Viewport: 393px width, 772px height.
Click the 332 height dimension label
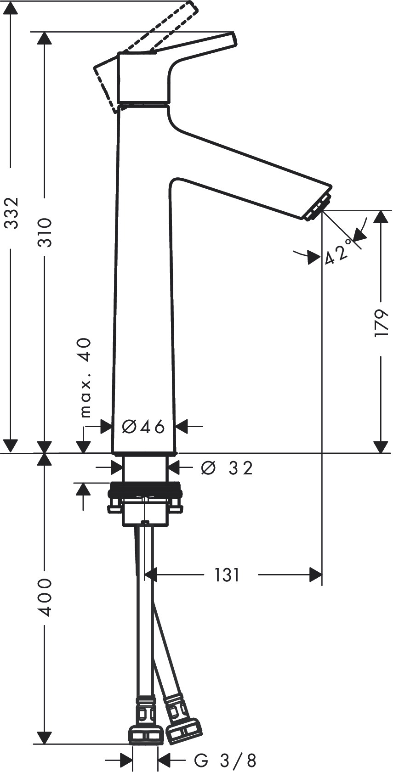pyautogui.click(x=10, y=213)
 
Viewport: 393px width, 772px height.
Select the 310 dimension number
pyautogui.click(x=45, y=232)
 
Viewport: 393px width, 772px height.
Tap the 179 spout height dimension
pyautogui.click(x=381, y=323)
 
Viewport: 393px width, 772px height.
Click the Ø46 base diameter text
pyautogui.click(x=143, y=427)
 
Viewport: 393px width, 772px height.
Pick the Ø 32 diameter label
pyautogui.click(x=227, y=468)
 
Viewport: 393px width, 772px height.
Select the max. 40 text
pyautogui.click(x=85, y=378)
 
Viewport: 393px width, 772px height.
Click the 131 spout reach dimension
pyautogui.click(x=227, y=575)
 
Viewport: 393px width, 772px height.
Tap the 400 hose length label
pyautogui.click(x=45, y=597)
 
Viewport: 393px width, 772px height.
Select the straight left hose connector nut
pyautogui.click(x=145, y=734)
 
